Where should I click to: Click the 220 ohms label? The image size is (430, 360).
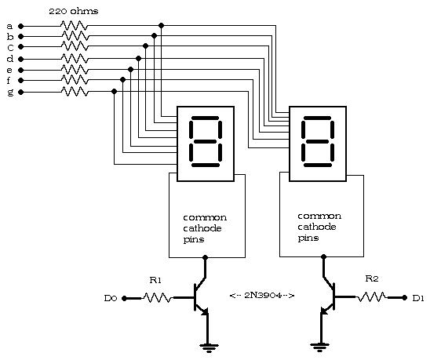[x=74, y=11]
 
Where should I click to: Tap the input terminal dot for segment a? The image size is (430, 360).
[x=21, y=27]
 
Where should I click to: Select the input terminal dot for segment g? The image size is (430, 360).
[x=21, y=93]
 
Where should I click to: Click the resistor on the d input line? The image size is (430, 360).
[x=75, y=58]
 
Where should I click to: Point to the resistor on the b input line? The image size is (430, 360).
[x=75, y=36]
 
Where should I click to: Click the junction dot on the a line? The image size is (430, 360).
[x=162, y=26]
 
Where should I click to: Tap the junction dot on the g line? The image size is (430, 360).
[x=115, y=91]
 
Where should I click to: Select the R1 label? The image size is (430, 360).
[x=155, y=280]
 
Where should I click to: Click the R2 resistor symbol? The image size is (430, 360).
[x=372, y=297]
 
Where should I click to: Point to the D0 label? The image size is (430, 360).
[x=111, y=298]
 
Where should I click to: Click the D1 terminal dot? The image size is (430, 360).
[x=404, y=297]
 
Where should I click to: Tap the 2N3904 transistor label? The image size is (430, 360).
[x=262, y=296]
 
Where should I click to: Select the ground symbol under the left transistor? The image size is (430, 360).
[x=209, y=347]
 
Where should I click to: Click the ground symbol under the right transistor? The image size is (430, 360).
[x=319, y=347]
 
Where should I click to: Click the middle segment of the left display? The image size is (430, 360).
[x=205, y=142]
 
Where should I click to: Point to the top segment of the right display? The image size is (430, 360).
[x=318, y=118]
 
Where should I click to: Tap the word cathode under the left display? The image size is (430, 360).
[x=202, y=228]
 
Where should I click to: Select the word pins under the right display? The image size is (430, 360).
[x=308, y=238]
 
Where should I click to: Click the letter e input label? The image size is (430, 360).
[x=9, y=70]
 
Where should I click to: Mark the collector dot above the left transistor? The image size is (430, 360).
[x=205, y=257]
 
